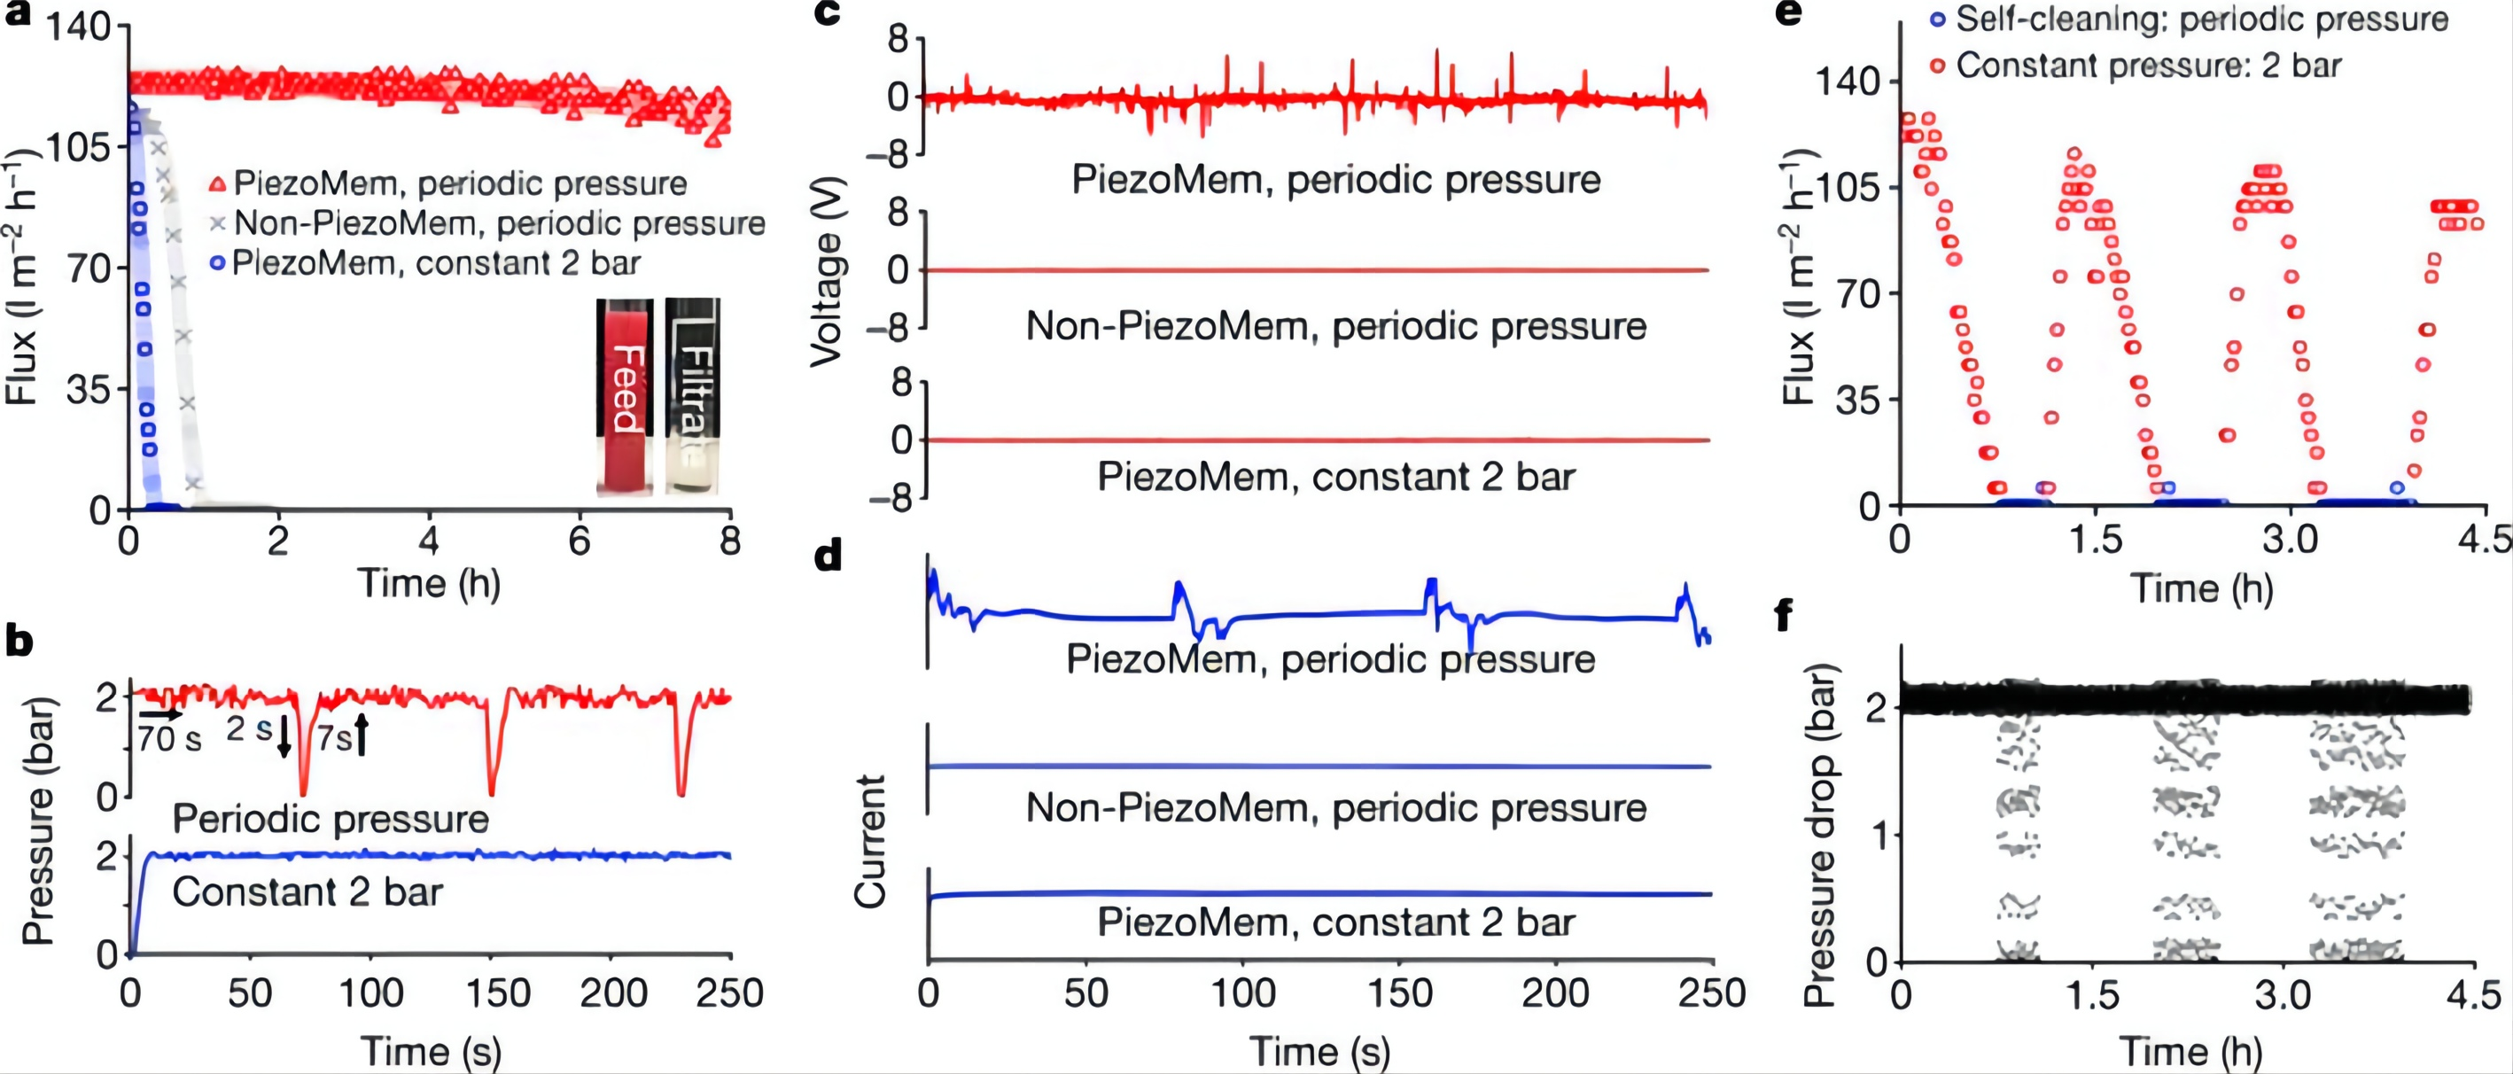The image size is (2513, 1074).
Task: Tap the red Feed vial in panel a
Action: pos(626,395)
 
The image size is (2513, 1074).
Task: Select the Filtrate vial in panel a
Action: pos(693,395)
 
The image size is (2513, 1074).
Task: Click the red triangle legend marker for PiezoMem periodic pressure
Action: pos(219,183)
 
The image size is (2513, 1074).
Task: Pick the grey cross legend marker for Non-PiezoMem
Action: pos(219,223)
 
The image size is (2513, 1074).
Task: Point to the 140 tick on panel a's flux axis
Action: pos(78,27)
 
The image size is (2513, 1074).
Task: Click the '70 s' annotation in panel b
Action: pos(168,739)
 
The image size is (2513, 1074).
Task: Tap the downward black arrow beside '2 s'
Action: pos(284,735)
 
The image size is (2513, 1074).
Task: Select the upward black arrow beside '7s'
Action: pos(361,735)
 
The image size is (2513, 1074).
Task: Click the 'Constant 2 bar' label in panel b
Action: pos(307,892)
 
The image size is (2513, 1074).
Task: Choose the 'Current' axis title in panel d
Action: pos(869,841)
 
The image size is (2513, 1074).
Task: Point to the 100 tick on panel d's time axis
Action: pos(1241,993)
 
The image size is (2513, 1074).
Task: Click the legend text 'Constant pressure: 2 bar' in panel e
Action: pos(2148,66)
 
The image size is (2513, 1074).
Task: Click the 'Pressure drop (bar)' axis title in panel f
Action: pos(1818,834)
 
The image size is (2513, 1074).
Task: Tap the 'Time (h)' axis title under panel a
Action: pos(429,583)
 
